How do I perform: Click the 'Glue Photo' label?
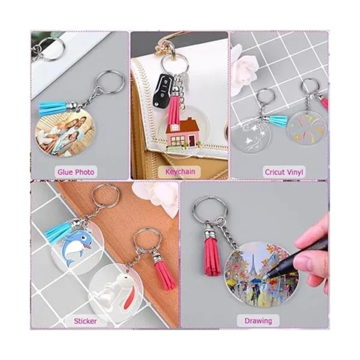click(76, 172)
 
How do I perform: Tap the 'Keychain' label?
click(180, 172)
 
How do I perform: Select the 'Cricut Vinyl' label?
click(284, 172)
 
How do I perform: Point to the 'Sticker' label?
click(85, 321)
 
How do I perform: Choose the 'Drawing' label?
click(258, 321)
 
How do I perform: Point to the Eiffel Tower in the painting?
click(253, 264)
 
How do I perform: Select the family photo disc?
click(65, 134)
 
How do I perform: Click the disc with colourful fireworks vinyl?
click(307, 128)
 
